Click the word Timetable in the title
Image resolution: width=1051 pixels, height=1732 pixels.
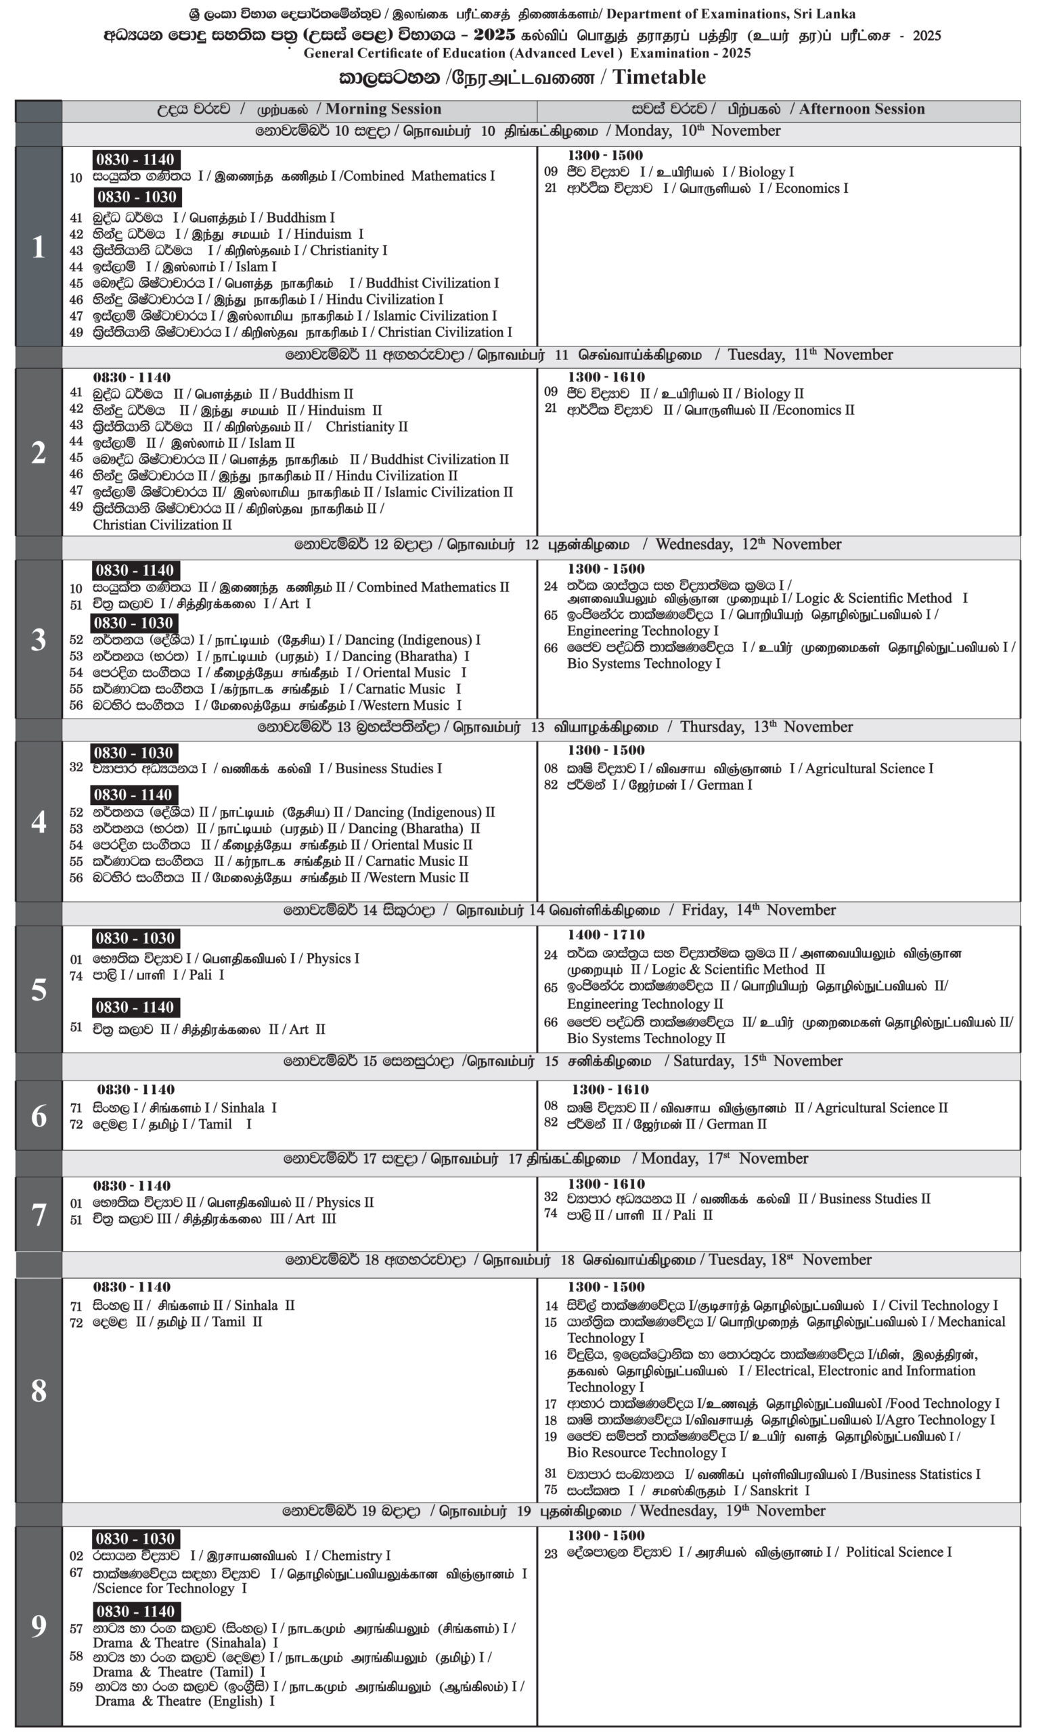pyautogui.click(x=658, y=76)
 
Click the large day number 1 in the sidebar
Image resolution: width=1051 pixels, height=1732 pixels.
pyautogui.click(x=38, y=247)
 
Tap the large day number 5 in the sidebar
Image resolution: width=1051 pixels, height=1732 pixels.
pyautogui.click(x=39, y=989)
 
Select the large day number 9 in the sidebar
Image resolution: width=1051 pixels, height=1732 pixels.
pyautogui.click(x=39, y=1624)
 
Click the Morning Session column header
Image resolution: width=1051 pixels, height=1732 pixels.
pyautogui.click(x=383, y=109)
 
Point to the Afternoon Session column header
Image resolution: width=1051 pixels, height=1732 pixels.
pyautogui.click(x=862, y=109)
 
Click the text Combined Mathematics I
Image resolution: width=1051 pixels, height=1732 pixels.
pyautogui.click(x=418, y=176)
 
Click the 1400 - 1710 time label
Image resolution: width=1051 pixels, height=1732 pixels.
pyautogui.click(x=606, y=934)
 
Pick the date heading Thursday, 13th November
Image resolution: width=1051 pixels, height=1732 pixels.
pyautogui.click(x=766, y=727)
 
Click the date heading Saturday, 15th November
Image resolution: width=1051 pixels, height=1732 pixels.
pyautogui.click(x=758, y=1061)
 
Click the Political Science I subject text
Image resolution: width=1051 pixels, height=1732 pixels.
pyautogui.click(x=899, y=1551)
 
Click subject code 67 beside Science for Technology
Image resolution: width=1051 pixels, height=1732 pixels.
pyautogui.click(x=76, y=1572)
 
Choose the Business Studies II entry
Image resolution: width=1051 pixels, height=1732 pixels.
pyautogui.click(x=874, y=1198)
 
